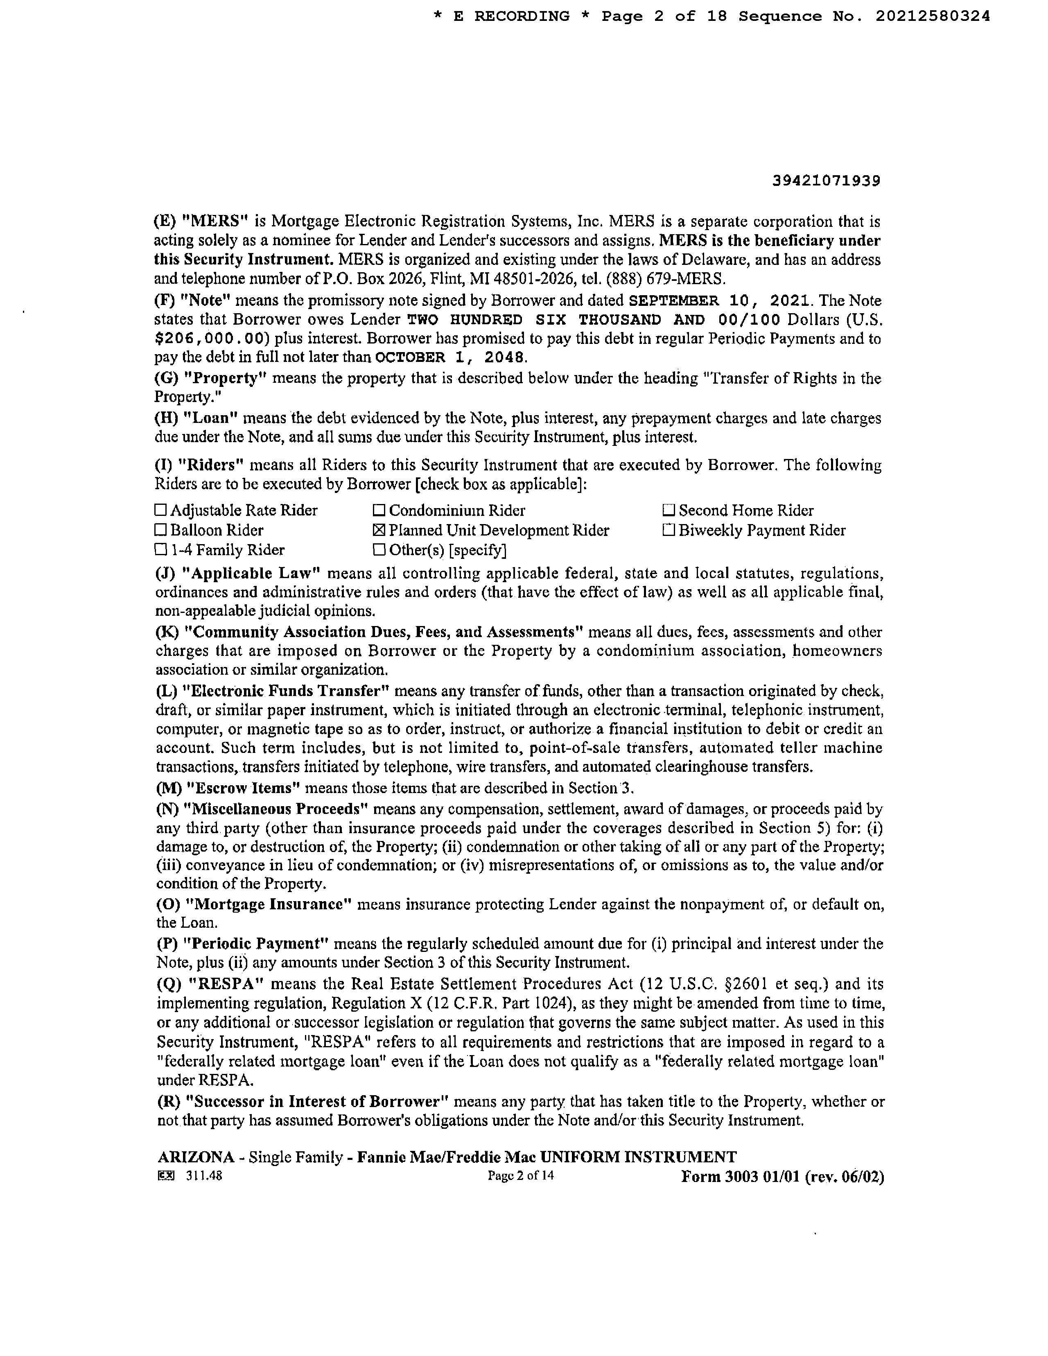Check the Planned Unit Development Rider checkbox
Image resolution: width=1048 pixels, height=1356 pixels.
pos(379,531)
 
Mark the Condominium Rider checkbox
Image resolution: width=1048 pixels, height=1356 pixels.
pos(379,511)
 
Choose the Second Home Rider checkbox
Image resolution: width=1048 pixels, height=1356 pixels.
pos(669,511)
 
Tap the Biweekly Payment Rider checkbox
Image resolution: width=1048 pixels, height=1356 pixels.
pos(669,531)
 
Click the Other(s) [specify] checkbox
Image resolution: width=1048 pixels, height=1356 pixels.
pos(379,550)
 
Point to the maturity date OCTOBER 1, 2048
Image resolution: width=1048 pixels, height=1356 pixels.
pos(452,357)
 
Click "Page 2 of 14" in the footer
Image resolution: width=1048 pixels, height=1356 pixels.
pos(521,1175)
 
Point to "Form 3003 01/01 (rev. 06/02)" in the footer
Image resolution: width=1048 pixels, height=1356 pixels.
pos(782,1177)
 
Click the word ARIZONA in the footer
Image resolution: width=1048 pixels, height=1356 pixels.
pos(196,1157)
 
